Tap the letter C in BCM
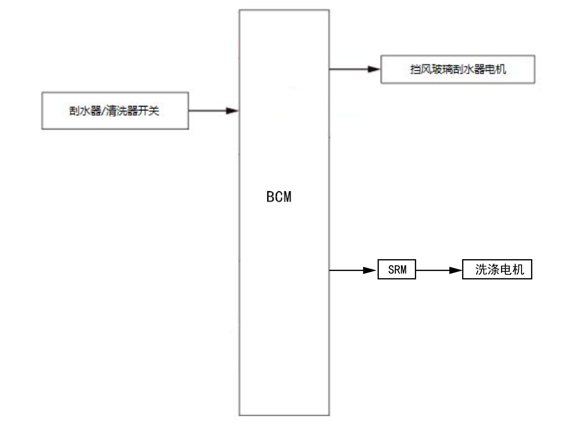[x=279, y=197]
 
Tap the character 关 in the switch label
[x=154, y=111]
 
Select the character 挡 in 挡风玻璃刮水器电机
[x=416, y=69]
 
